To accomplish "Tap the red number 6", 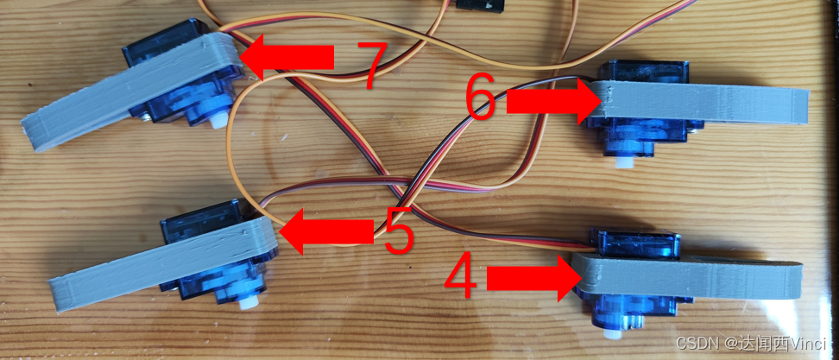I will coord(481,98).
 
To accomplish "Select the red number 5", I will coord(399,231).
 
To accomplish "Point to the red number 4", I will coord(460,278).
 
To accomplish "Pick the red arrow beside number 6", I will coord(553,101).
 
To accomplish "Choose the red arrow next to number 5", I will coord(327,231).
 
